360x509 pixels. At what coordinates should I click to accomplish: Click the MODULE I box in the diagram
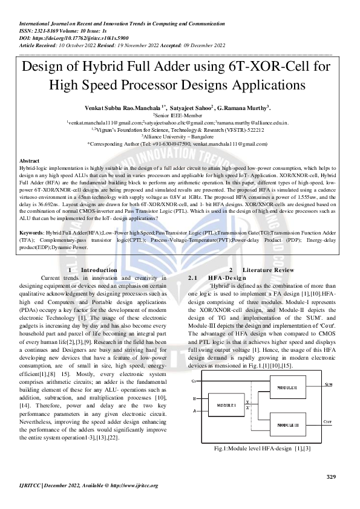(x=226, y=404)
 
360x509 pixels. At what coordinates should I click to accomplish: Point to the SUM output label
(x=328, y=384)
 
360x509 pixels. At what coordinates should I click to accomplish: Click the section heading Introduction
(x=99, y=270)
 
